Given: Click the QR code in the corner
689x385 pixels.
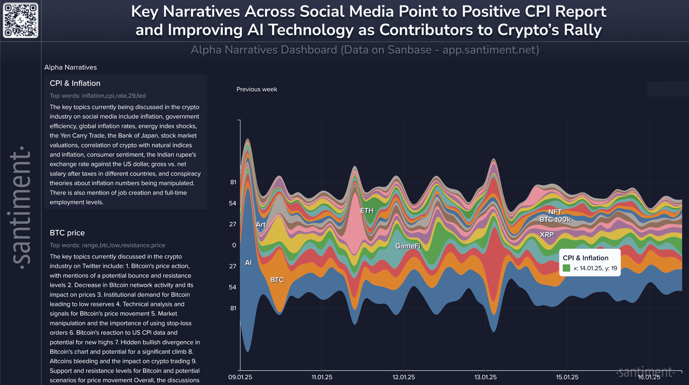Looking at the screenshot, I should [x=21, y=21].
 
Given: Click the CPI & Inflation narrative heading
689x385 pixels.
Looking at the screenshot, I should [x=75, y=83].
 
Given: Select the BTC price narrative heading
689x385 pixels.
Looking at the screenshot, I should [x=67, y=233].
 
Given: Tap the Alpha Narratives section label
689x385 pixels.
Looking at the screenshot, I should [x=70, y=68].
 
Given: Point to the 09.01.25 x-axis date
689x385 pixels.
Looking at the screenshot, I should [x=240, y=377].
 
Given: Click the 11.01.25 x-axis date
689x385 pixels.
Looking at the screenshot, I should [x=322, y=377].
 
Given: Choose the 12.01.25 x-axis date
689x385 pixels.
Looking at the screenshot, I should [x=404, y=377].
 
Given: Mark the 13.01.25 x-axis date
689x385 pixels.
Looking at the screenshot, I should [x=485, y=377].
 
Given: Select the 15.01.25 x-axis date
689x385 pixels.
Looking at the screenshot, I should [x=567, y=377].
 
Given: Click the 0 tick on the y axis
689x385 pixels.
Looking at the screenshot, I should [x=234, y=245].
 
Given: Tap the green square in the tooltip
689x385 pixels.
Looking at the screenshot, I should [x=567, y=268].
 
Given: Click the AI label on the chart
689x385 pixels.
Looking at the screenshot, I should [x=249, y=263].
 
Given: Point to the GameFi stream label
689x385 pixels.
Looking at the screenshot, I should [x=408, y=246].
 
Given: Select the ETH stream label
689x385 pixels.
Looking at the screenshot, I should [x=366, y=211].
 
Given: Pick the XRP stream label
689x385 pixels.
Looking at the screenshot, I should [x=547, y=235].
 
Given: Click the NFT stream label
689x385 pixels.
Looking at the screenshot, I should [x=555, y=212].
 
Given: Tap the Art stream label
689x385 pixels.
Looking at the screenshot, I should [x=261, y=225].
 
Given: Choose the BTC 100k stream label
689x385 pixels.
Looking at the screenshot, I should [x=555, y=220].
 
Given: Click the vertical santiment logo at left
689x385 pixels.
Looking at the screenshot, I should [x=21, y=206].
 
